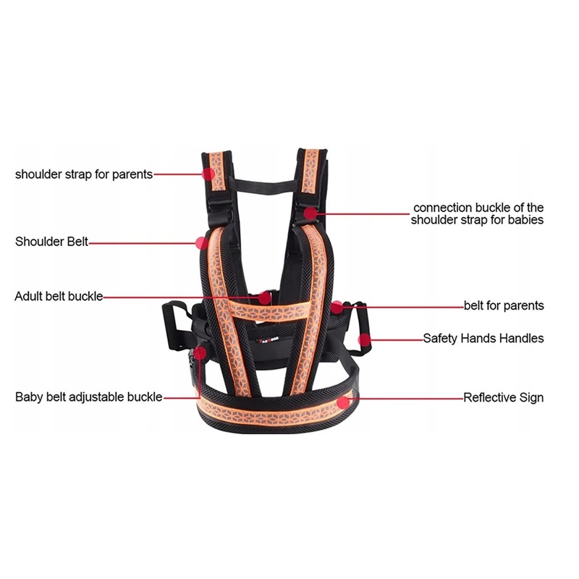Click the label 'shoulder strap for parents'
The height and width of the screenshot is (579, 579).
point(84,174)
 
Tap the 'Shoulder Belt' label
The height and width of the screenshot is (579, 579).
point(51,242)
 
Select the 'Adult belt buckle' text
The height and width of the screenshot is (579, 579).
point(59,297)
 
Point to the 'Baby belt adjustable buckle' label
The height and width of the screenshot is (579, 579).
point(89,397)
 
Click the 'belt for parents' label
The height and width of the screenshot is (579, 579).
point(504,306)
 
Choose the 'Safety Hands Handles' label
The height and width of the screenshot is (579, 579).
point(483,338)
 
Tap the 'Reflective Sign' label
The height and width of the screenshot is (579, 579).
point(503,397)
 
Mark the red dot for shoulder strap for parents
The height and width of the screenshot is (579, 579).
point(208,174)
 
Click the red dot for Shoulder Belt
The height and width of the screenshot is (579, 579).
point(201,242)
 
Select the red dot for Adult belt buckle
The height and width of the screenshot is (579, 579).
point(265,297)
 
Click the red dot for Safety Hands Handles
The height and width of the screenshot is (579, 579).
point(365,338)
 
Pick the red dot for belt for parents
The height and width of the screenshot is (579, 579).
point(338,306)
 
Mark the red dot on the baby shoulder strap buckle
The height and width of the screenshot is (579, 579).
point(310,213)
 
